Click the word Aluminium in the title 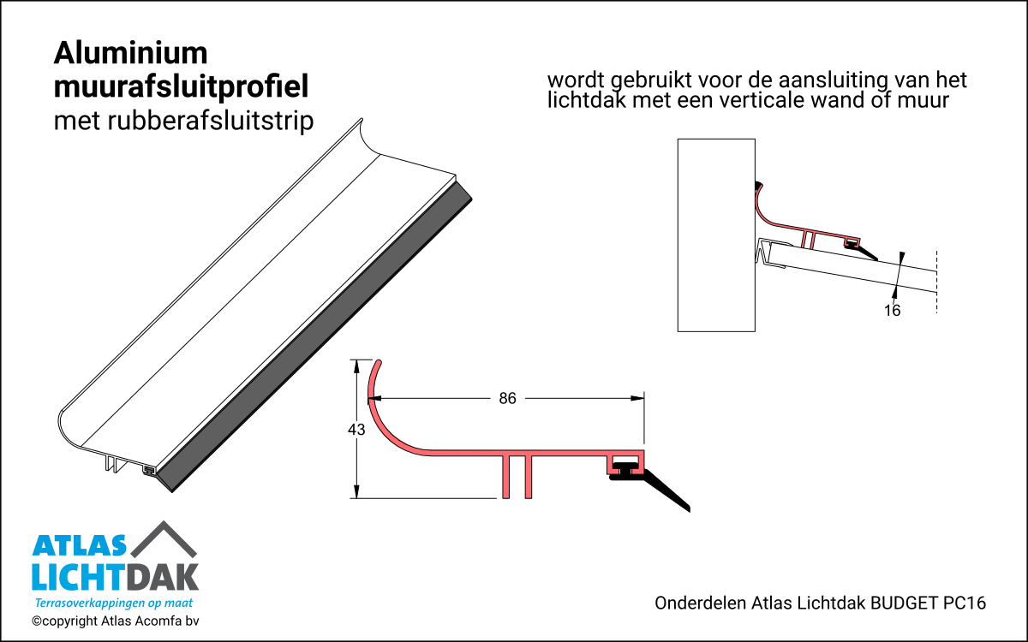coord(131,53)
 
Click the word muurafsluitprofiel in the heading coord(181,87)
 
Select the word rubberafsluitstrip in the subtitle coord(211,121)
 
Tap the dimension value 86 coord(507,399)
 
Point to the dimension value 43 coord(356,430)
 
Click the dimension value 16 coord(892,311)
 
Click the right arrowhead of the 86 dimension coord(637,398)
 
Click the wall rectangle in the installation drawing coord(716,235)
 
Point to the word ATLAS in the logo coord(79,546)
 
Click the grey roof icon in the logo coord(164,539)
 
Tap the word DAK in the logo coord(163,578)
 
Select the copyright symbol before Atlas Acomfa coord(36,621)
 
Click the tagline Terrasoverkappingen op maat coord(114,603)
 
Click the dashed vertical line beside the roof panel coord(936,282)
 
